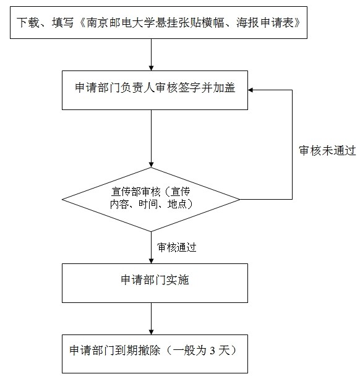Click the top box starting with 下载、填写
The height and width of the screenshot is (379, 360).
pyautogui.click(x=158, y=22)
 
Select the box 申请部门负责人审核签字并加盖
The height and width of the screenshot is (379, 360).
pyautogui.click(x=155, y=90)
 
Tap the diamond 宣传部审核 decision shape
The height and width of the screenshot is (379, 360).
pyautogui.click(x=151, y=200)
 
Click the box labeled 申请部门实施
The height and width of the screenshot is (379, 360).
pyautogui.click(x=155, y=283)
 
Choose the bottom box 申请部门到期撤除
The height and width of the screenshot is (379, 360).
pyautogui.click(x=155, y=354)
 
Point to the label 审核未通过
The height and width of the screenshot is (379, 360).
pyautogui.click(x=327, y=150)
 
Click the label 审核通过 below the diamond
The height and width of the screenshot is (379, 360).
pyautogui.click(x=177, y=247)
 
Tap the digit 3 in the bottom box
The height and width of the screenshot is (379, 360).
pyautogui.click(x=212, y=351)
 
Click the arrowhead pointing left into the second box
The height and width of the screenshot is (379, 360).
pyautogui.click(x=251, y=90)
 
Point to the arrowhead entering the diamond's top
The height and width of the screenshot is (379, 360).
pyautogui.click(x=151, y=164)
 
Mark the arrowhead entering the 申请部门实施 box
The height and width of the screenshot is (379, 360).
pyautogui.click(x=151, y=261)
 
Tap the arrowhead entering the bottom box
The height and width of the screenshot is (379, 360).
pyautogui.click(x=151, y=332)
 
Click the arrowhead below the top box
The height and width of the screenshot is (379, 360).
pyautogui.click(x=151, y=68)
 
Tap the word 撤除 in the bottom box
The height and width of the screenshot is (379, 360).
pyautogui.click(x=149, y=351)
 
